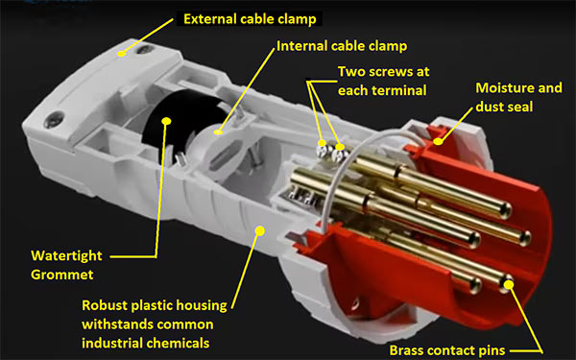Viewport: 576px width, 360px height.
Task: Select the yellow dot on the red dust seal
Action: (444, 140)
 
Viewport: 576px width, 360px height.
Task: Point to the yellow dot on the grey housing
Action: (260, 230)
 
